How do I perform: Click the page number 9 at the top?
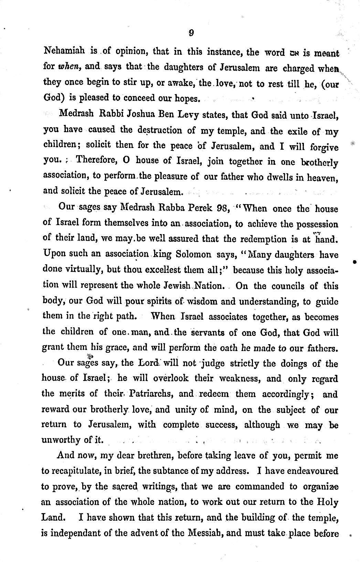pos(191,33)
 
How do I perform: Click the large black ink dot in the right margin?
pos(354,262)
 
